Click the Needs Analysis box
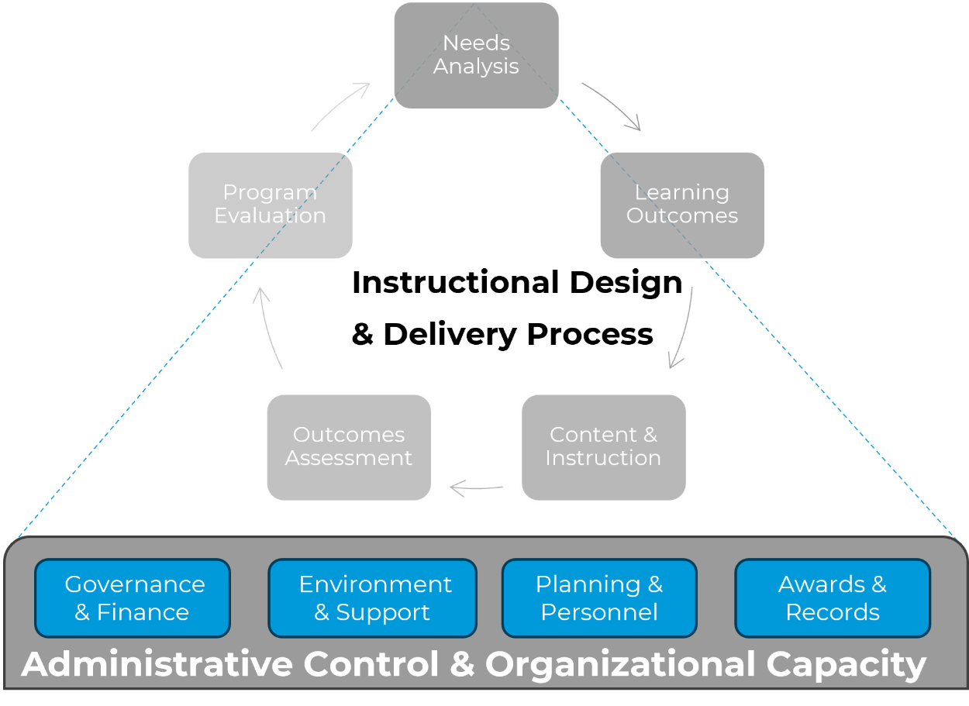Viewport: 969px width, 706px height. click(x=476, y=55)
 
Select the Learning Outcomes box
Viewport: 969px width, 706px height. click(x=682, y=205)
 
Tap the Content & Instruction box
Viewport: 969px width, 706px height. click(x=603, y=447)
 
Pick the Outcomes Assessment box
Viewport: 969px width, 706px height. click(x=349, y=447)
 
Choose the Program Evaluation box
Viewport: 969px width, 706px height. click(x=270, y=205)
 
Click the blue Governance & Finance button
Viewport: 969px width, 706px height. click(x=133, y=598)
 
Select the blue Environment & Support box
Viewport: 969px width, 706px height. click(x=372, y=598)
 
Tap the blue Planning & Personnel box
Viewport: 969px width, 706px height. click(x=599, y=598)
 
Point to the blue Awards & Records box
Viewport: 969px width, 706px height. click(x=833, y=598)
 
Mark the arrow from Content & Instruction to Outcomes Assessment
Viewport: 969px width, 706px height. click(x=477, y=488)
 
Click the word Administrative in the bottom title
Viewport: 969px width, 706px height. click(x=157, y=664)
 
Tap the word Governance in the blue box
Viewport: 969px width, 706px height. click(x=135, y=584)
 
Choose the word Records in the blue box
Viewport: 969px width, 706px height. click(x=833, y=612)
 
